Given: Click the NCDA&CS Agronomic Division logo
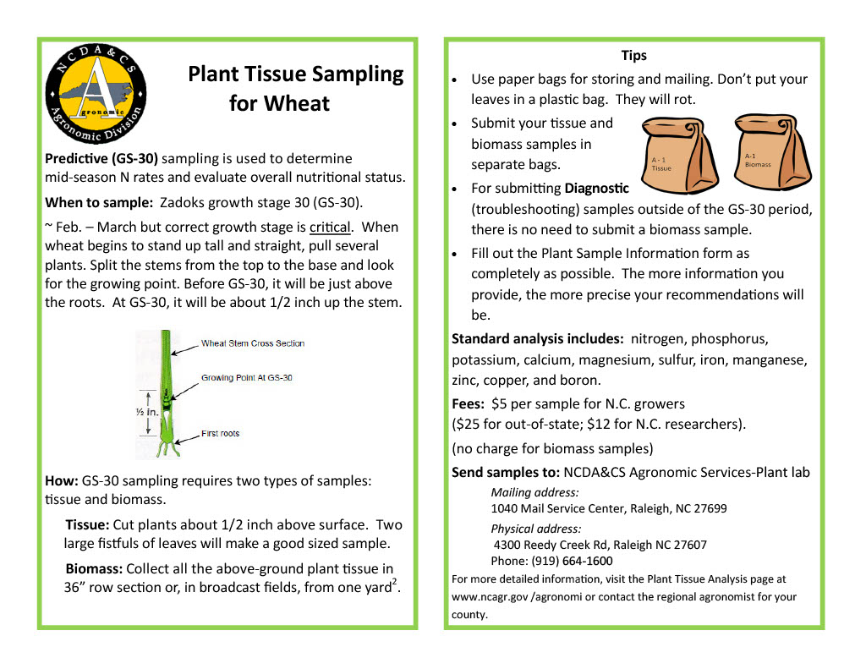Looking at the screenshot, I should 95,94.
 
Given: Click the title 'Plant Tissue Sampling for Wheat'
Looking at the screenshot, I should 295,88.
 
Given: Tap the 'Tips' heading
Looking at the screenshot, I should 633,56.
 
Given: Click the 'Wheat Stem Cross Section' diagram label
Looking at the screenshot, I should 252,343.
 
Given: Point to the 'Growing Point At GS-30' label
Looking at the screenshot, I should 246,378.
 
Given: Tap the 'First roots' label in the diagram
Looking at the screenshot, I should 220,434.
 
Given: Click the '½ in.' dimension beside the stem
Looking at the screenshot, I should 146,412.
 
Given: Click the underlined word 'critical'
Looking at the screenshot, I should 330,228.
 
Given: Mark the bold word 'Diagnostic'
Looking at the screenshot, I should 596,188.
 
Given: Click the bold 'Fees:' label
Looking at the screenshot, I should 468,404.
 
